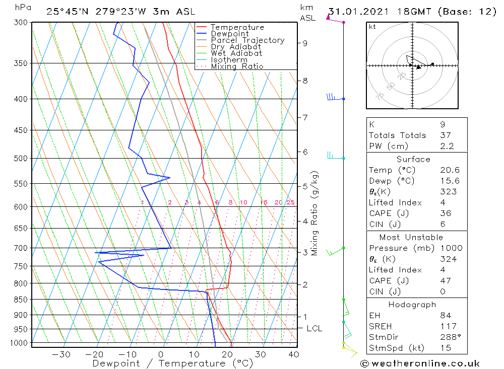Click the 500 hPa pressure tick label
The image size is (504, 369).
(21, 159)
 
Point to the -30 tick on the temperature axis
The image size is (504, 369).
(61, 354)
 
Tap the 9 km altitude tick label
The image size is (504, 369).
(305, 43)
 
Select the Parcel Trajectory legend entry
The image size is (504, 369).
(247, 40)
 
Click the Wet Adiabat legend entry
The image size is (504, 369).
(236, 53)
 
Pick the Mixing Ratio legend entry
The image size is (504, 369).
(237, 66)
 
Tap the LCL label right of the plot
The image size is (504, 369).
(314, 329)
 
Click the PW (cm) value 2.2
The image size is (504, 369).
(447, 146)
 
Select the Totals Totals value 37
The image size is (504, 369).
(446, 135)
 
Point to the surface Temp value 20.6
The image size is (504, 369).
(450, 170)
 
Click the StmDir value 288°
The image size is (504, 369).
(451, 337)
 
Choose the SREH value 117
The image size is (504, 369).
(449, 326)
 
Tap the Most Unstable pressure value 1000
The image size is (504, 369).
(451, 248)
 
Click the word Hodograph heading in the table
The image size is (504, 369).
(412, 305)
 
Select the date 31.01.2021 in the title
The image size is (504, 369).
(359, 12)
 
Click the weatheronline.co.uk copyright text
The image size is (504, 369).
(420, 363)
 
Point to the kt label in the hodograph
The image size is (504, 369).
(372, 27)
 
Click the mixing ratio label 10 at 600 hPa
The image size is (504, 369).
(243, 202)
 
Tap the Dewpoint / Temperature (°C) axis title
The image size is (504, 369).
(172, 363)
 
